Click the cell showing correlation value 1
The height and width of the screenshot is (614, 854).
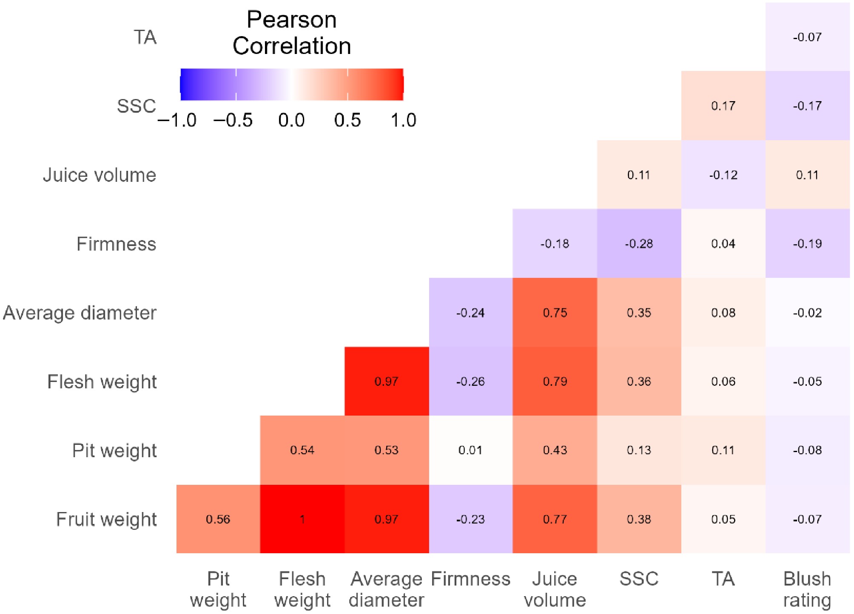point(302,519)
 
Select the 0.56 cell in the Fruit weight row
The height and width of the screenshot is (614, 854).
point(218,519)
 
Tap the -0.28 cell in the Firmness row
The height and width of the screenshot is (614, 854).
point(639,243)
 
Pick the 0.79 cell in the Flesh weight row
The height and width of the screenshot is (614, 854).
point(555,381)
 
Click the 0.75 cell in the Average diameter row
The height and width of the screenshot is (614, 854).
point(555,312)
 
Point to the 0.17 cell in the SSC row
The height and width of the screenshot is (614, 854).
point(723,105)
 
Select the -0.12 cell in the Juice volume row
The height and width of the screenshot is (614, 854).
point(723,175)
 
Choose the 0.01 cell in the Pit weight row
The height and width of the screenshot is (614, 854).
point(470,450)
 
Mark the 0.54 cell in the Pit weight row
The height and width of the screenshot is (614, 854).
point(302,450)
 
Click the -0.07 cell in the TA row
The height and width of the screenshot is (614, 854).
point(807,37)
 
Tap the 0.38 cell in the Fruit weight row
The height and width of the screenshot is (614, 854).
point(639,519)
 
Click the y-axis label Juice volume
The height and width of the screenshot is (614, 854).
point(100,175)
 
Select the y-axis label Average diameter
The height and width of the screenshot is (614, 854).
point(80,313)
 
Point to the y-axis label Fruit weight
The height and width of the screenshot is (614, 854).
point(106,519)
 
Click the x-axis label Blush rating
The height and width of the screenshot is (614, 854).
point(807,589)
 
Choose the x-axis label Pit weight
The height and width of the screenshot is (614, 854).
point(218,589)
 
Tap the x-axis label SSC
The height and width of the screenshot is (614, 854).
point(639,579)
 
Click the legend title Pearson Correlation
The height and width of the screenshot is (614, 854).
point(292,33)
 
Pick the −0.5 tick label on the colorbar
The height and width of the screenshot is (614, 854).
point(233,120)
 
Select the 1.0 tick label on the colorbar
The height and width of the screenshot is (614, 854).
point(403,120)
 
